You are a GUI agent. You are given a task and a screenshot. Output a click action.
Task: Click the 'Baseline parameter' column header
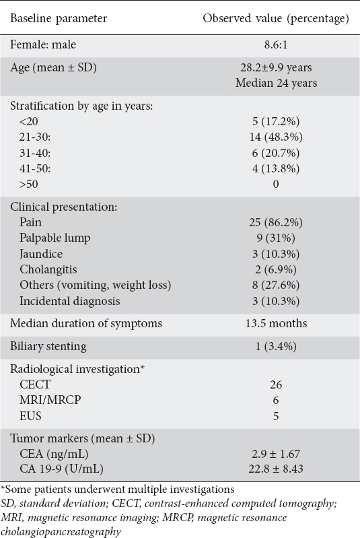[59, 18]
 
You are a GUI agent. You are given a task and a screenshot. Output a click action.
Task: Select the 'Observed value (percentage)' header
[276, 18]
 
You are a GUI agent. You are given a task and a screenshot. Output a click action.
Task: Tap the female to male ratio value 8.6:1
[276, 44]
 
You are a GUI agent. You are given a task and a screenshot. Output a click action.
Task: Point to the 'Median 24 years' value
[276, 83]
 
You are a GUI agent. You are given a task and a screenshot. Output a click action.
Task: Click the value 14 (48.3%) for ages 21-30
[276, 137]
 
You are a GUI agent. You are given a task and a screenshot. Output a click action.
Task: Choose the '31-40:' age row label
[35, 153]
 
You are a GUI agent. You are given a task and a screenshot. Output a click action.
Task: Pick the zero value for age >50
[276, 184]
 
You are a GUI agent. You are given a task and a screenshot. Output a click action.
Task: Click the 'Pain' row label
[30, 222]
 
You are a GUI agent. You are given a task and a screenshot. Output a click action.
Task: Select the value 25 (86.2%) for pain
[276, 223]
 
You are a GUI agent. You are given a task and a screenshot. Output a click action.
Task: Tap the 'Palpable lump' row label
[55, 238]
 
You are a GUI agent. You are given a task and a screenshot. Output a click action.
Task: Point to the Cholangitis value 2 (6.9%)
[276, 270]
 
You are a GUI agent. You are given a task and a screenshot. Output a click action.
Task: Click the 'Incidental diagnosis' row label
[70, 301]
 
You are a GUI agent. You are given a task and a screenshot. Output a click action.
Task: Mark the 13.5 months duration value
[276, 324]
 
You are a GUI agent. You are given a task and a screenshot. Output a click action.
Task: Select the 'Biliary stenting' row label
[48, 347]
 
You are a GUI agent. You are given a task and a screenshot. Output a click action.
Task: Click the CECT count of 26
[276, 384]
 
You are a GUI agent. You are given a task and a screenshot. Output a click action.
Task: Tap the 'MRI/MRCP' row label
[50, 400]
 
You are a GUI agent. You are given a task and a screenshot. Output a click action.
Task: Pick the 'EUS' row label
[30, 416]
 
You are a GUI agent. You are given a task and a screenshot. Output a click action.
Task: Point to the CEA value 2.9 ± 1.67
[276, 455]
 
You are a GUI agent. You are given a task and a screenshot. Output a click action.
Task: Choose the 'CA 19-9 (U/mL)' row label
[61, 469]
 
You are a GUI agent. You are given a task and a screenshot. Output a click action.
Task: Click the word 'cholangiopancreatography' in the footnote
[61, 531]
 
